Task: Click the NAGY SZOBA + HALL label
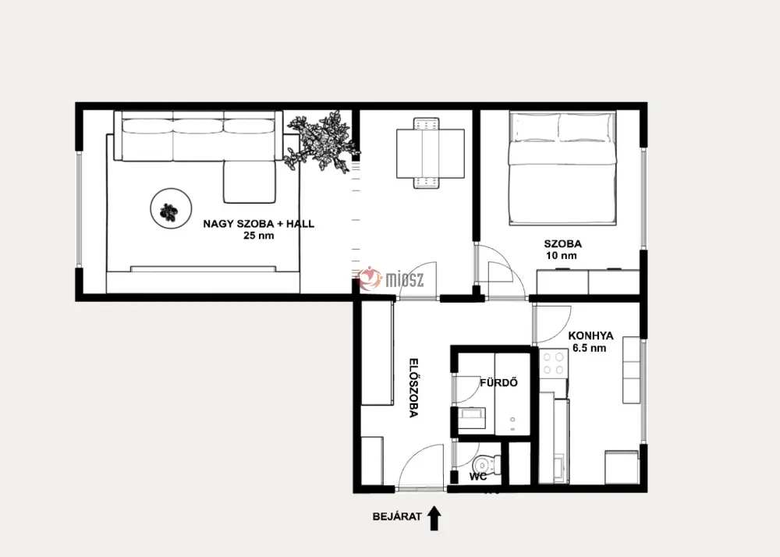click(x=259, y=224)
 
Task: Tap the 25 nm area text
click(x=259, y=236)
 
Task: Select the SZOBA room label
click(x=562, y=243)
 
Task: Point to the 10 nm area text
click(x=561, y=256)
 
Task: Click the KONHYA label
click(x=590, y=336)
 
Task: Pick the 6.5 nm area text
click(x=590, y=348)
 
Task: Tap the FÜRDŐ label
click(x=498, y=383)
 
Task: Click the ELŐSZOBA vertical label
click(x=413, y=388)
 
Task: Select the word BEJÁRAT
click(x=397, y=516)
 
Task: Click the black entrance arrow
click(x=434, y=518)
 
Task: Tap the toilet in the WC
click(x=483, y=464)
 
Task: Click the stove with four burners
click(x=554, y=364)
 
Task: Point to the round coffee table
click(x=171, y=209)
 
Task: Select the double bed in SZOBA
click(x=562, y=168)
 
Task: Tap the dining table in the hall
click(x=431, y=153)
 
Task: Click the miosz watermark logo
click(x=391, y=278)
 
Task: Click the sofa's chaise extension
click(x=250, y=182)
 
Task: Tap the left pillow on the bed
click(x=535, y=127)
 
